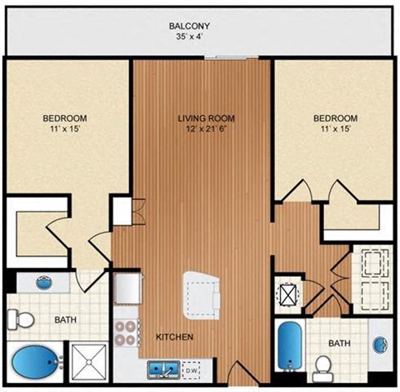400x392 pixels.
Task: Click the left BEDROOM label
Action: (x=66, y=118)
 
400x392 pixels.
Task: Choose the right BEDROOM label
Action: (x=335, y=118)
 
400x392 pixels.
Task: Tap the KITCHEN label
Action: (x=175, y=337)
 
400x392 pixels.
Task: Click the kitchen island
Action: (x=202, y=293)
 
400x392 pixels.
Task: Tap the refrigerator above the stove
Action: (x=127, y=289)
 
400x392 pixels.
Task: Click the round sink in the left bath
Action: (x=43, y=282)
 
